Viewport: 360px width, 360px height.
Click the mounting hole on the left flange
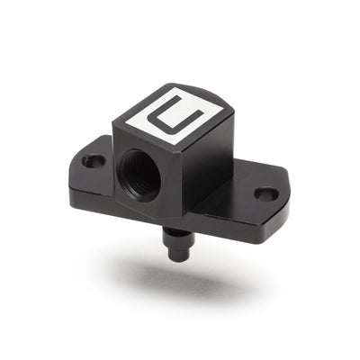[93, 162]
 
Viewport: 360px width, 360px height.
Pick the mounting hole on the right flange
[265, 193]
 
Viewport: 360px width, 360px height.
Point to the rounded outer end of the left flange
[73, 175]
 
